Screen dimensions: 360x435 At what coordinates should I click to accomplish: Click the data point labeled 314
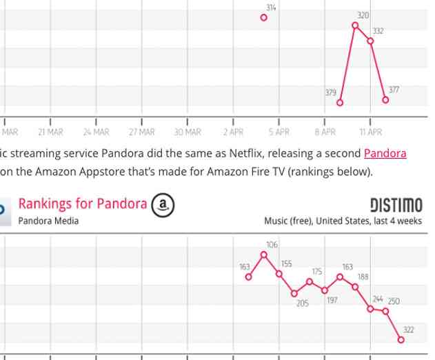coord(263,17)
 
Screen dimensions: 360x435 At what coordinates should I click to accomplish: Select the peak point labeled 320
coord(355,26)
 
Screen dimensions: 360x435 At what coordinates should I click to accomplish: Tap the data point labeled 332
coord(370,41)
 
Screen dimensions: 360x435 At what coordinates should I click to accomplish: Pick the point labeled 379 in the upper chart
coord(340,102)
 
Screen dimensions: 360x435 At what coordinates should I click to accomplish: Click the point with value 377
coord(385,100)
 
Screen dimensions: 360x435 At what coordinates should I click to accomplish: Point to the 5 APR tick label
coord(279,132)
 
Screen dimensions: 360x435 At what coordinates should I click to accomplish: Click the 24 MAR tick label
coord(96,132)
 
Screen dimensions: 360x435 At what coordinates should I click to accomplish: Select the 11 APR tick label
coord(370,132)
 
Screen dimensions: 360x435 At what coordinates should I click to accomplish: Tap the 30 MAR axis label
coord(188,132)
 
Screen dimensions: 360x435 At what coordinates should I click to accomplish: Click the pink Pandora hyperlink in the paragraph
coord(385,153)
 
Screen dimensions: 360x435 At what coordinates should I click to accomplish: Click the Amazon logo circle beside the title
coord(163,204)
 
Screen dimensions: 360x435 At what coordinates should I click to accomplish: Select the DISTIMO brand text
coord(396,206)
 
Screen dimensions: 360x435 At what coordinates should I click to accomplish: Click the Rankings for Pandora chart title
coord(82,203)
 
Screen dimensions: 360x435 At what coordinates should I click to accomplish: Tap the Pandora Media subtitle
coord(48,221)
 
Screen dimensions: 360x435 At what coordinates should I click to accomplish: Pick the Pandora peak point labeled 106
coord(263,254)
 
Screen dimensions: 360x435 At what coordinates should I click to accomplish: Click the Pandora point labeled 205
coord(294,293)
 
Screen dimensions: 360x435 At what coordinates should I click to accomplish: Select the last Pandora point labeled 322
coord(401,339)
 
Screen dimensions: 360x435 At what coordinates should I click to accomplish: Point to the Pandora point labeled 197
coord(325,290)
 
